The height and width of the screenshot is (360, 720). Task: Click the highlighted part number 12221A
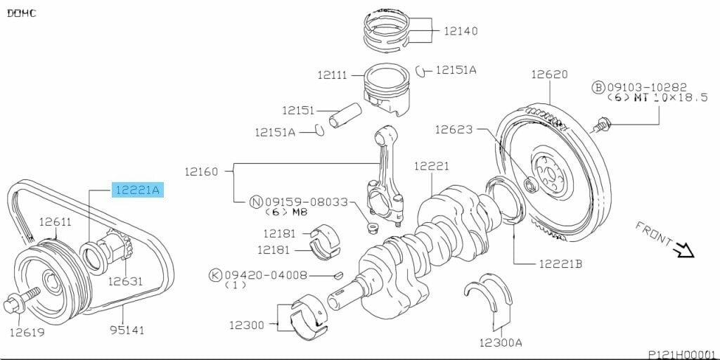pos(138,189)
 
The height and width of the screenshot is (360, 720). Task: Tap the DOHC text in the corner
pos(22,13)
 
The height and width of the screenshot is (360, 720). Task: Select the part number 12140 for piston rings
pos(461,31)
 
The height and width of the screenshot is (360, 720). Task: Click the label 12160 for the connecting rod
pos(202,171)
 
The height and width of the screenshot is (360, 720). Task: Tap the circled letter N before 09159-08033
pos(257,202)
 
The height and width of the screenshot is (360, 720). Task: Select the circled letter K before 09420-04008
pos(215,274)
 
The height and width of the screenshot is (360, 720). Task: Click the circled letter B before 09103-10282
pos(598,86)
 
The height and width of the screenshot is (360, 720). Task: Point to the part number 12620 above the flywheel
pos(548,74)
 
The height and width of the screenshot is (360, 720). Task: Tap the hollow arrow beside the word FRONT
pos(683,250)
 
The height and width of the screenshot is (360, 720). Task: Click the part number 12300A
pos(501,342)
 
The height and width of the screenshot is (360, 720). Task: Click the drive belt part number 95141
pos(127,328)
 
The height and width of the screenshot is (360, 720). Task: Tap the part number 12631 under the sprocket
pos(125,281)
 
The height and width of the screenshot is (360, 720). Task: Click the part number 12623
pos(454,129)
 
